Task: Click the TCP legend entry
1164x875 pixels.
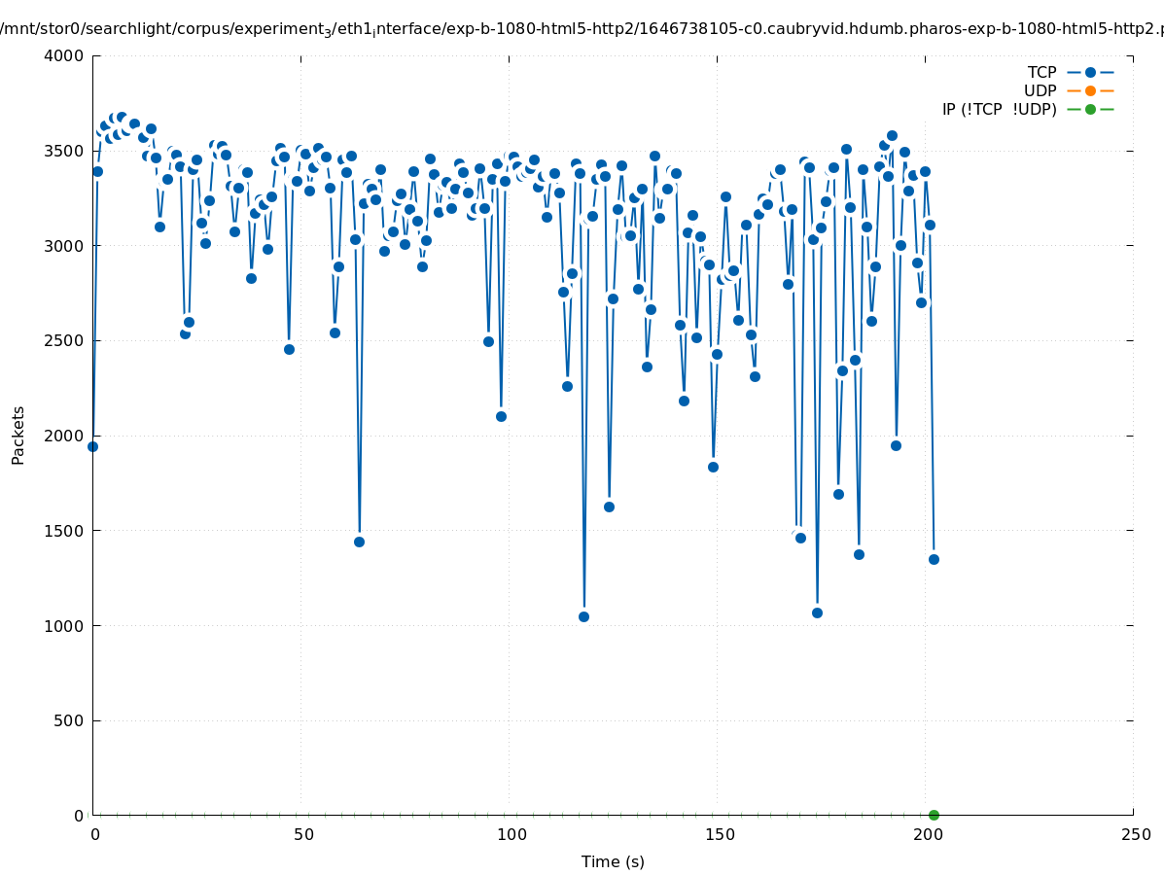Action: click(1041, 72)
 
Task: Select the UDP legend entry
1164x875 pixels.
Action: click(1040, 90)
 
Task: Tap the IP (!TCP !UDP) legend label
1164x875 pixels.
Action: click(999, 109)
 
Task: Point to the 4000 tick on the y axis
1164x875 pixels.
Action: click(65, 55)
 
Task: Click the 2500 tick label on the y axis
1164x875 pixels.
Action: click(65, 340)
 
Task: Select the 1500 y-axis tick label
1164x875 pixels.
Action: click(65, 531)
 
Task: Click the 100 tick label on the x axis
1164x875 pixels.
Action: click(511, 834)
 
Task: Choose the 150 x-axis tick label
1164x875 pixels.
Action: click(720, 834)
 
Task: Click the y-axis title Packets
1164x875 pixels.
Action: click(18, 435)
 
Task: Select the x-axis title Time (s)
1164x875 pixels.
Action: click(613, 861)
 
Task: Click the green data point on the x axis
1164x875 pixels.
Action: click(934, 815)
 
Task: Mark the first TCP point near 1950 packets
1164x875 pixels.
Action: click(92, 446)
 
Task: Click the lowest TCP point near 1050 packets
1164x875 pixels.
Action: click(583, 616)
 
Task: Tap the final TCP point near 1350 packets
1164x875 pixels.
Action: click(934, 559)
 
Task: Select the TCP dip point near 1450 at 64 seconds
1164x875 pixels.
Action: click(359, 542)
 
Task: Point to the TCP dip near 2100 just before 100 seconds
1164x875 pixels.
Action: click(501, 416)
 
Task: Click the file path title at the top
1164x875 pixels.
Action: click(582, 29)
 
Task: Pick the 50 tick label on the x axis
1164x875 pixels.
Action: click(303, 834)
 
